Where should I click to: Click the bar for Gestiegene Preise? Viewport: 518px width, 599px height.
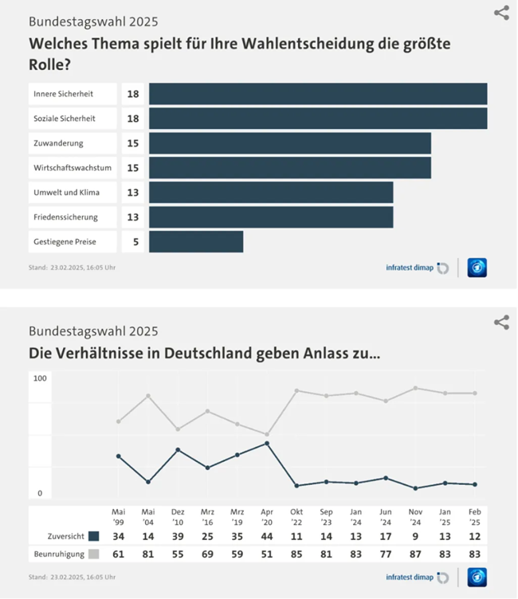pos(196,242)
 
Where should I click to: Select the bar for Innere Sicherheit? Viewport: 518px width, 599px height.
pos(318,94)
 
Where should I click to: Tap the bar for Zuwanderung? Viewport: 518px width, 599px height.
pos(289,143)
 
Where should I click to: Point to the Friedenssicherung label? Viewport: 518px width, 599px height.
pos(65,217)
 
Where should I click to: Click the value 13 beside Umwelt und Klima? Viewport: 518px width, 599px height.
pos(133,193)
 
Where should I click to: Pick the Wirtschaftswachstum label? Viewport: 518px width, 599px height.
pos(72,168)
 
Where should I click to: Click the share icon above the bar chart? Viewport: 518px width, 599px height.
pos(501,13)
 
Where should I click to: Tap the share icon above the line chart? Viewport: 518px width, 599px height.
pos(501,322)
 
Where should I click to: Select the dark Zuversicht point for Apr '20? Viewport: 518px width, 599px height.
pos(266,443)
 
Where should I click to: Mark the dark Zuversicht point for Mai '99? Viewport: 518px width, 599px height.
pos(119,456)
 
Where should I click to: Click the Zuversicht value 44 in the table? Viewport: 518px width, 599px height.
pos(266,536)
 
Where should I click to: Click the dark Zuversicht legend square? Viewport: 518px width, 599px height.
pos(94,536)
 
